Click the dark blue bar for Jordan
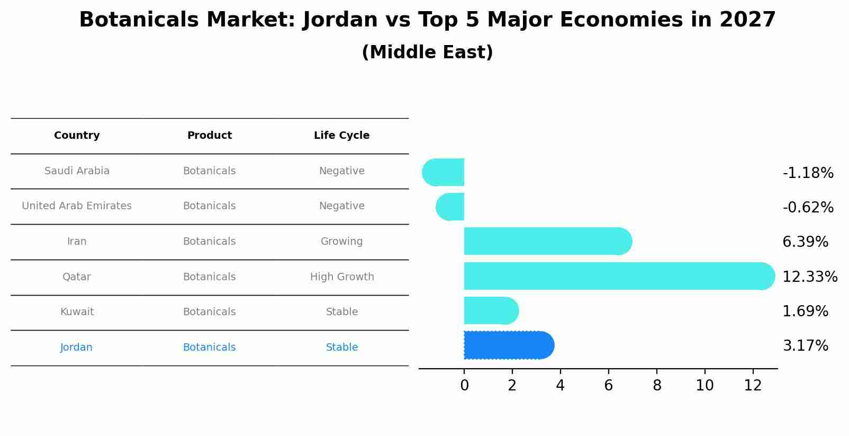tap(508, 345)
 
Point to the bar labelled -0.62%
tap(450, 207)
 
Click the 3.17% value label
tap(805, 346)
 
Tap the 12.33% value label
tap(809, 277)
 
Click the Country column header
tap(77, 136)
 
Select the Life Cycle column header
tap(341, 136)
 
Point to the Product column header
tap(209, 136)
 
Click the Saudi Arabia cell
tap(77, 171)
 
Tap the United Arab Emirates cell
tap(77, 206)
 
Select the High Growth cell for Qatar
tap(342, 277)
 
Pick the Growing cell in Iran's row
tap(341, 242)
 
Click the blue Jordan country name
tap(76, 348)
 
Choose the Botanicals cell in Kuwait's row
tap(209, 312)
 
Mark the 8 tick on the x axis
tap(657, 386)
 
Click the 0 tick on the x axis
tap(464, 386)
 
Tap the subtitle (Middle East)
tap(427, 52)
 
